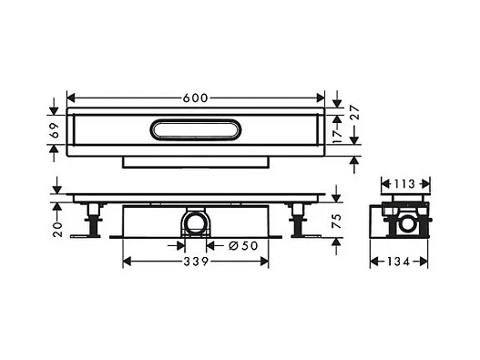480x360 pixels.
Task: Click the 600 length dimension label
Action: pos(195,98)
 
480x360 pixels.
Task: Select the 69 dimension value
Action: pos(55,130)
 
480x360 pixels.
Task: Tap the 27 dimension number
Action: pos(353,112)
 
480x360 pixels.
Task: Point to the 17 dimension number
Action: pos(337,136)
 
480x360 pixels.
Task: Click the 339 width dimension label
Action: pos(196,262)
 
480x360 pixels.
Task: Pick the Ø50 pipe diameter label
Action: pos(243,245)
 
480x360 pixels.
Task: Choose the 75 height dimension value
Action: pos(336,221)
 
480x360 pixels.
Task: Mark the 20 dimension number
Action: pos(57,229)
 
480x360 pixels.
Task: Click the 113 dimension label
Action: pos(404,184)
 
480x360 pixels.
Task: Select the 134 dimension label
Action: pos(399,262)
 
